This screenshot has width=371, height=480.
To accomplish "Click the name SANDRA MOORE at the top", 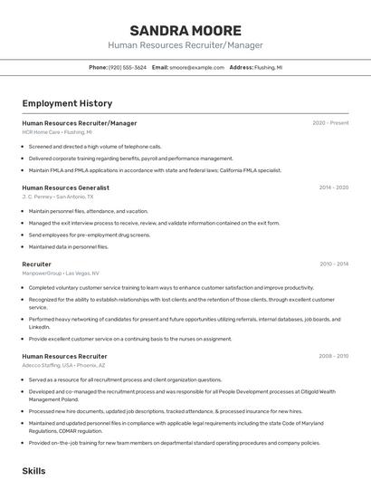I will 185,30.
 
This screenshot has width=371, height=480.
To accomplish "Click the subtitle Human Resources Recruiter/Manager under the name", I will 185,45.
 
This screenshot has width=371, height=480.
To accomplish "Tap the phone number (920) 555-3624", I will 127,68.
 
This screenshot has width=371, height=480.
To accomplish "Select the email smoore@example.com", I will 195,68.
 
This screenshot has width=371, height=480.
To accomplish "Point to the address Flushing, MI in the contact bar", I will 267,68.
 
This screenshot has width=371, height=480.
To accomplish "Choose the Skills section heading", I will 33,471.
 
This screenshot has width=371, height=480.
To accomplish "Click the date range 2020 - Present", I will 330,123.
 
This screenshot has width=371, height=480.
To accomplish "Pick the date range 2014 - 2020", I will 333,187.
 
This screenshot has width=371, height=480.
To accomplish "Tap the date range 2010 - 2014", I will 333,264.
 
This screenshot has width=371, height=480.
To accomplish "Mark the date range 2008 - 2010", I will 333,357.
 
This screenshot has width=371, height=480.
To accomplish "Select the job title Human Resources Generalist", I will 66,187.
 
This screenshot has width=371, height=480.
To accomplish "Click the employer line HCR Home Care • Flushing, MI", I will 57,132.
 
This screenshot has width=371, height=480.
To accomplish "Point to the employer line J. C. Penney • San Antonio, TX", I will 58,197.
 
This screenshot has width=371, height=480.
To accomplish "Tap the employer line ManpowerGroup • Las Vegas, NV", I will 61,274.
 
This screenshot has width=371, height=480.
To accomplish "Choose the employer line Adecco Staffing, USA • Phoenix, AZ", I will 72,366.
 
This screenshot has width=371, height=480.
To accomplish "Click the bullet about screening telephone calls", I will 95,146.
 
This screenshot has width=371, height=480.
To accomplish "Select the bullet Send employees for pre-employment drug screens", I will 89,235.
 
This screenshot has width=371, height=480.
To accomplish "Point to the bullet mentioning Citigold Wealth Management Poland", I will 181,395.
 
